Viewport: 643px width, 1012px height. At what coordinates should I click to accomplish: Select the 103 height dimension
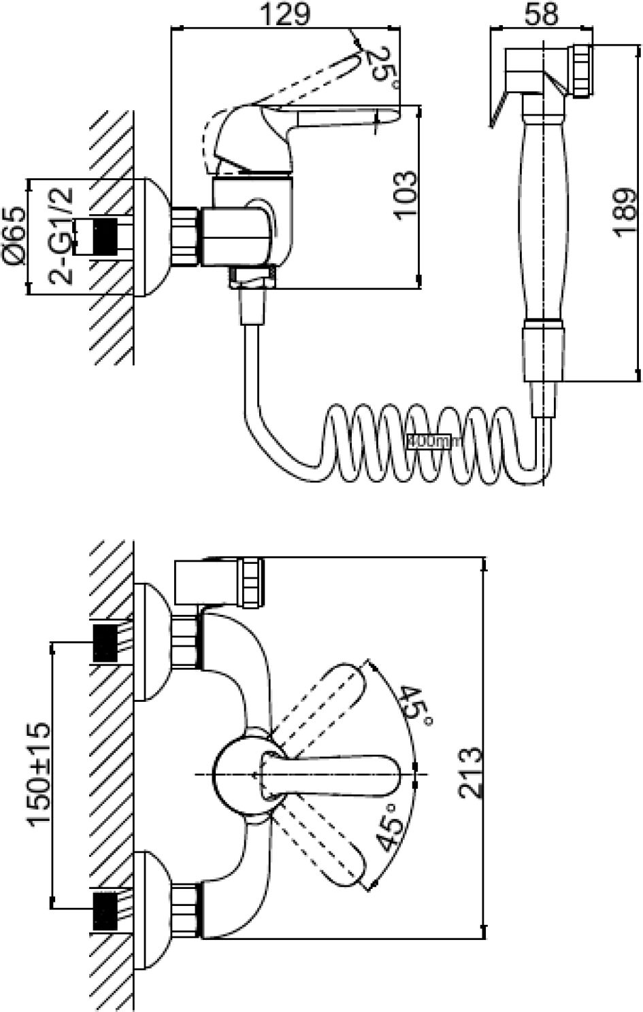(x=404, y=194)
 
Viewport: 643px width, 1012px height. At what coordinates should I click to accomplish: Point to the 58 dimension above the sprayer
(x=542, y=13)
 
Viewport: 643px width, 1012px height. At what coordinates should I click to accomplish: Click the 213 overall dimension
(x=469, y=773)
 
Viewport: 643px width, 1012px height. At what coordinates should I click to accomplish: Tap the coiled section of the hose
(x=429, y=442)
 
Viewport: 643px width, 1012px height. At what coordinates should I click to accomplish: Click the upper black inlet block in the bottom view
(x=104, y=642)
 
